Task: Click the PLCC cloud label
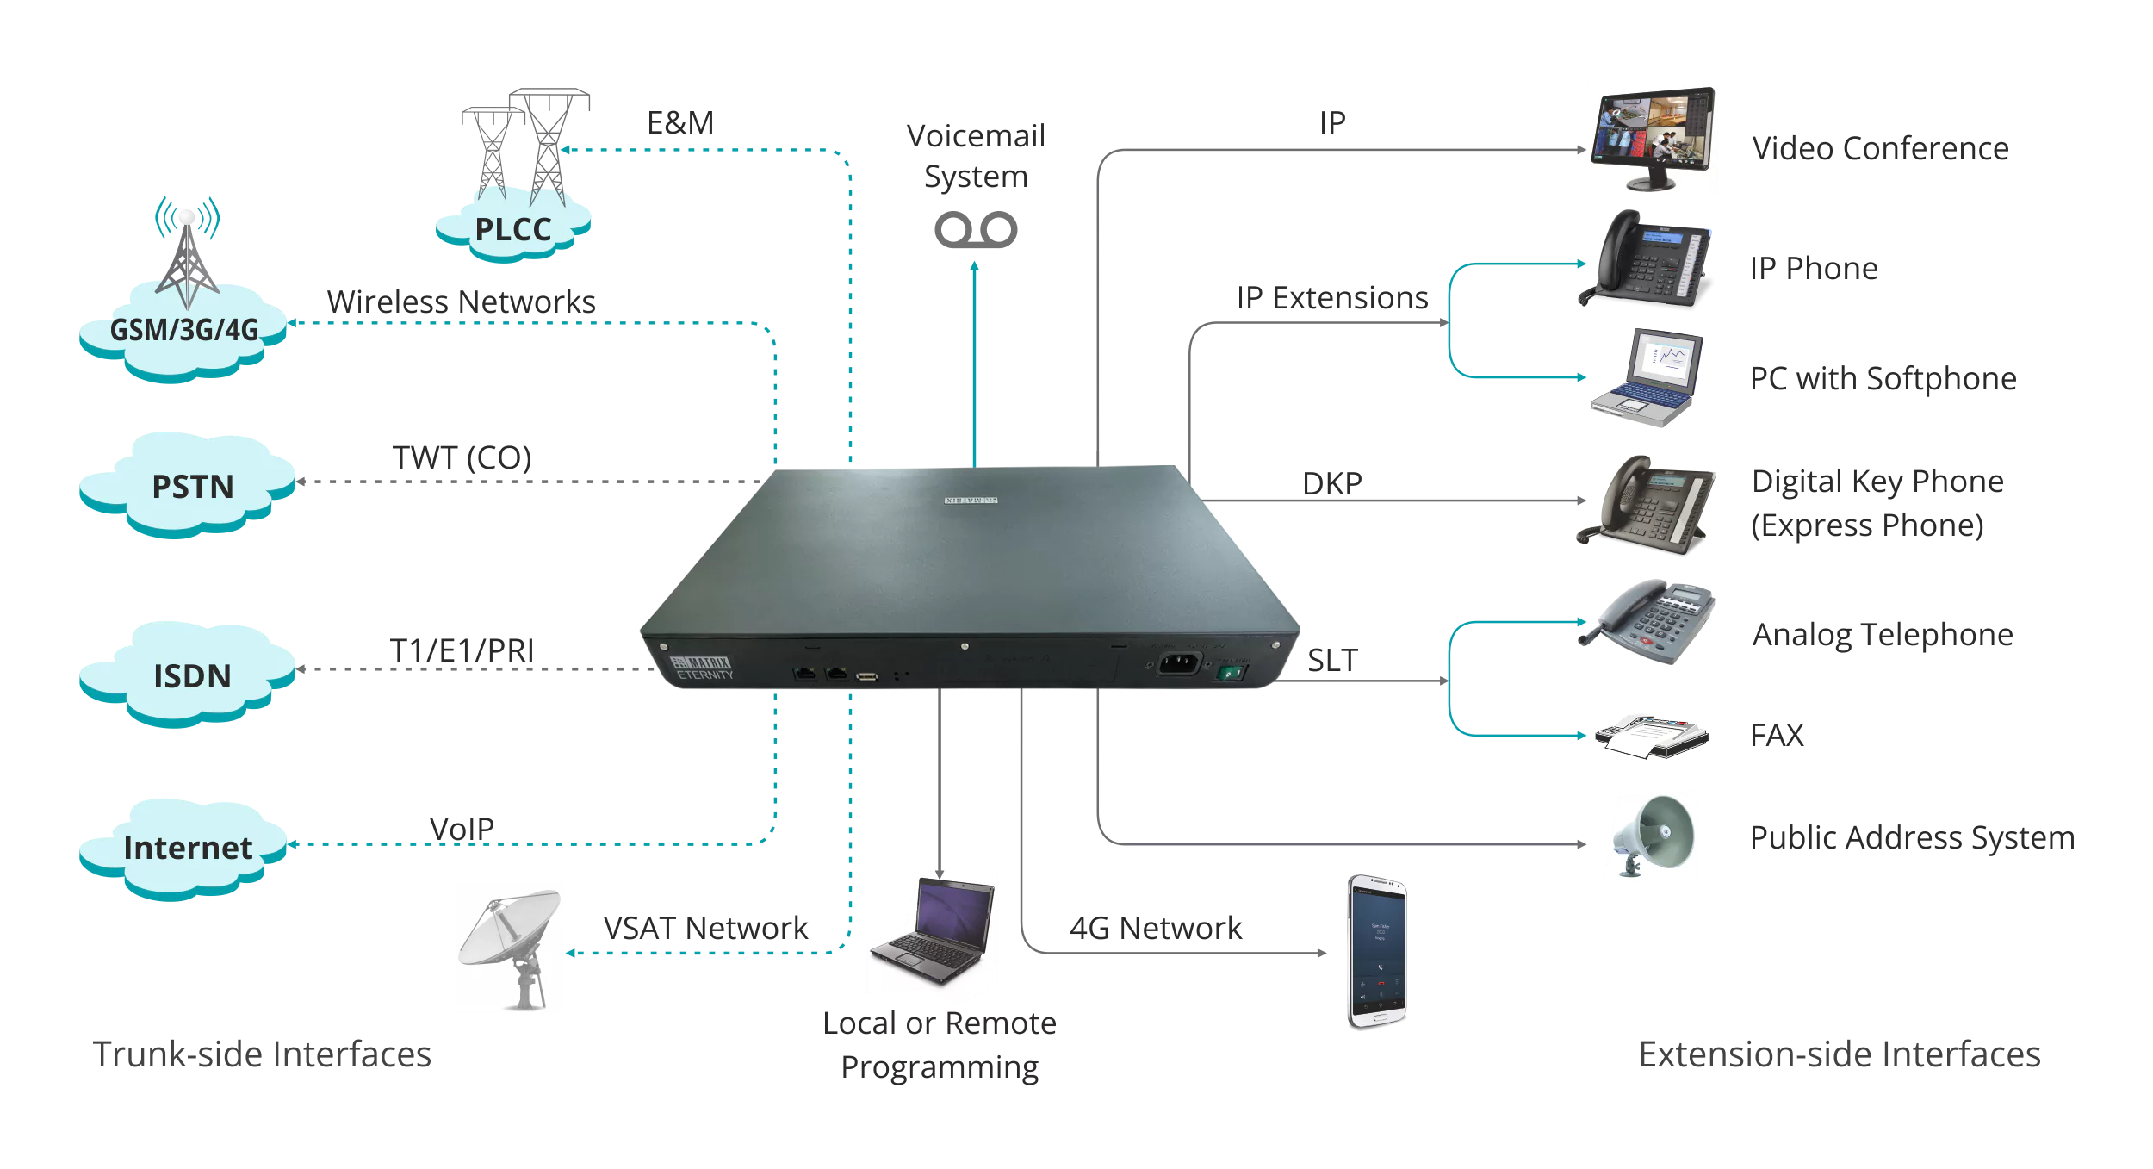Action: (513, 230)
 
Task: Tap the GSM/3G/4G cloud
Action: (183, 331)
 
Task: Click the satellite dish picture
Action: (508, 946)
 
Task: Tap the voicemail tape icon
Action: (975, 230)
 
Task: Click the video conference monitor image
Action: (1651, 139)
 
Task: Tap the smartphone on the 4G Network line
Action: (1376, 951)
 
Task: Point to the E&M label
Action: (680, 123)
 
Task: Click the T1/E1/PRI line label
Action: (462, 650)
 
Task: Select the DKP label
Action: (1331, 483)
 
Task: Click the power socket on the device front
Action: (1177, 663)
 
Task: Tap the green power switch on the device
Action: (1232, 673)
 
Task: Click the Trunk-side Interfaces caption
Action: (262, 1054)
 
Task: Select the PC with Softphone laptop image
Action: (1647, 377)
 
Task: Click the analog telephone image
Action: (1647, 622)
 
